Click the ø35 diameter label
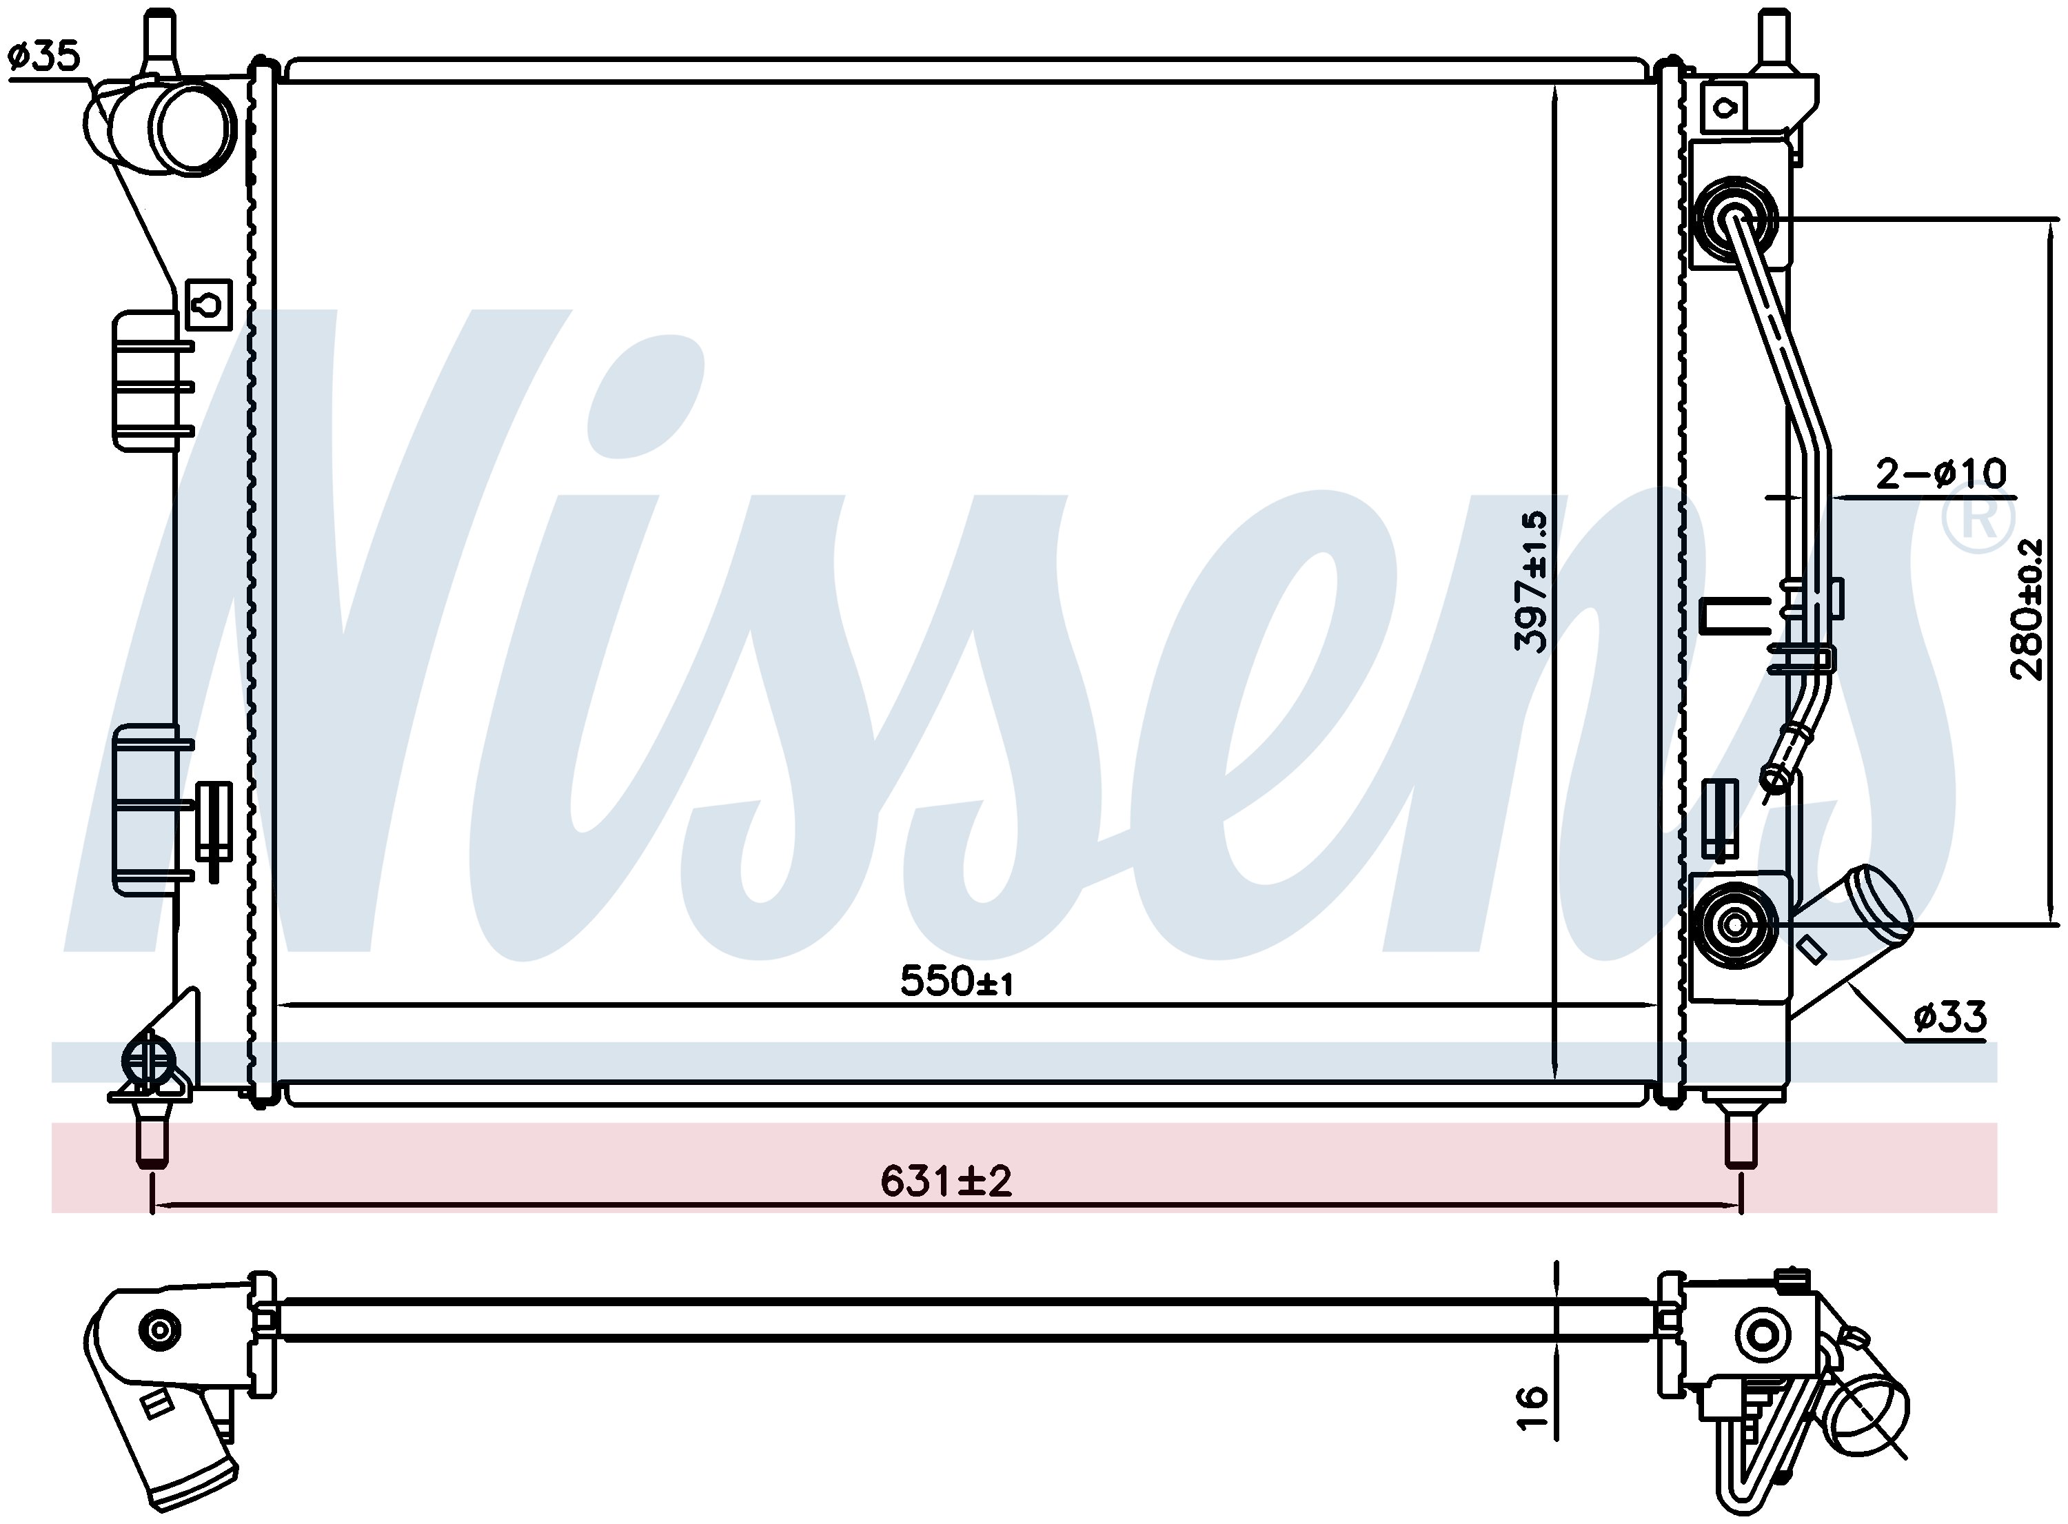(x=44, y=57)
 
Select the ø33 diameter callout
(x=1949, y=1017)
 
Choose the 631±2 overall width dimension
(x=946, y=1181)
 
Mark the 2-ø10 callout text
(x=1940, y=474)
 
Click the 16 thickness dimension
(x=1531, y=1408)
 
